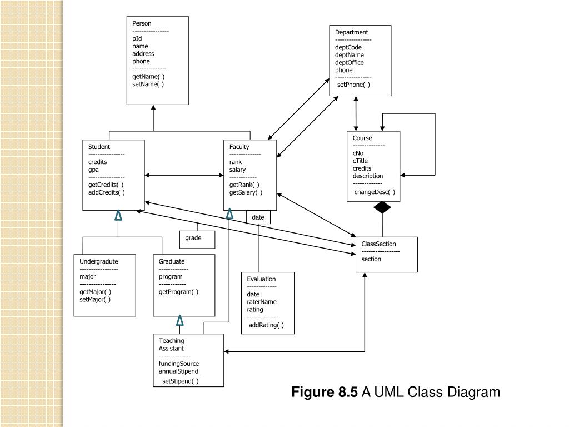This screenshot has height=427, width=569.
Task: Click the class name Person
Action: [142, 23]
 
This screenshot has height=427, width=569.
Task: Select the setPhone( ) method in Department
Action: [353, 85]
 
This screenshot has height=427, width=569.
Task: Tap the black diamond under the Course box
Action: [382, 207]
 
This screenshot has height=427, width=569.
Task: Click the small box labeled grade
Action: [193, 238]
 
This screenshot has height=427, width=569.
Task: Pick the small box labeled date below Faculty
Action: [258, 217]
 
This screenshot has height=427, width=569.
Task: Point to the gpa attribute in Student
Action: [93, 170]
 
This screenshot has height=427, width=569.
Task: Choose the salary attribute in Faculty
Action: [237, 170]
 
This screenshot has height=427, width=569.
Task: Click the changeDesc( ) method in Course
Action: [375, 192]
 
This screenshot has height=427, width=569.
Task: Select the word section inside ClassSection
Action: [371, 259]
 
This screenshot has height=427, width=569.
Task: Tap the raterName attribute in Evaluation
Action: [262, 302]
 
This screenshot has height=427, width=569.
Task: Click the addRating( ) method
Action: [266, 325]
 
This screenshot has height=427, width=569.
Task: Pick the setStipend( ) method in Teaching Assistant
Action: [180, 381]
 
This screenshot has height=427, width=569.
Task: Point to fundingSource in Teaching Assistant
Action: [179, 364]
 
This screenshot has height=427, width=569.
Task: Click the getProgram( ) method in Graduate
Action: [178, 292]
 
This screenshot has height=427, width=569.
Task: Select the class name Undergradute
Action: [99, 261]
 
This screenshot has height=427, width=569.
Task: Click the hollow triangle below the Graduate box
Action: [180, 320]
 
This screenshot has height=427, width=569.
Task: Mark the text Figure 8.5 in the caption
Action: [325, 393]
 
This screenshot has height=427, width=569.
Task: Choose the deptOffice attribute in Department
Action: [350, 63]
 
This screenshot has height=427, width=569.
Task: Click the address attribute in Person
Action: [143, 54]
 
